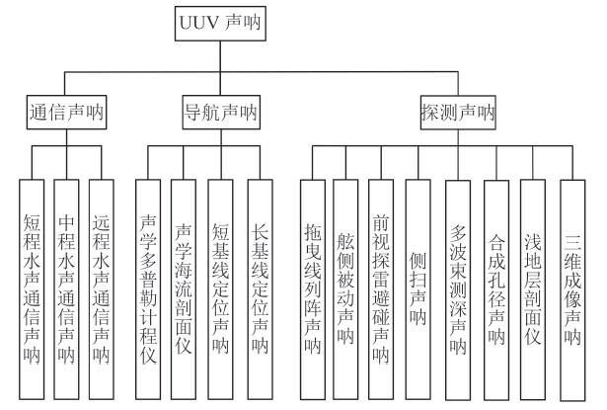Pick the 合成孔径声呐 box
(x=495, y=287)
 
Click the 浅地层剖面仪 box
(x=533, y=287)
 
